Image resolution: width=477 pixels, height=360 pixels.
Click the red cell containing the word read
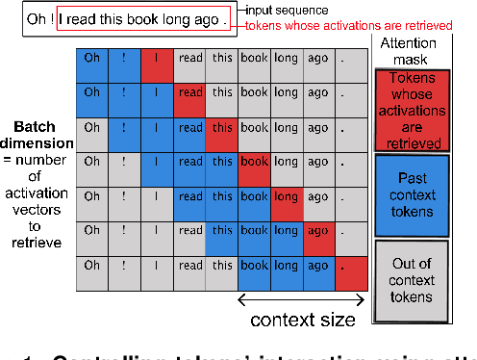click(x=190, y=93)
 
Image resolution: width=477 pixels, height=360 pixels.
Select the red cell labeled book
click(x=255, y=162)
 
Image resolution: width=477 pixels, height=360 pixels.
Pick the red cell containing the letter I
click(x=158, y=59)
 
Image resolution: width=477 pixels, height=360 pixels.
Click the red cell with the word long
click(x=287, y=196)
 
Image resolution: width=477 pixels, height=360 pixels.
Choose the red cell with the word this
click(x=222, y=127)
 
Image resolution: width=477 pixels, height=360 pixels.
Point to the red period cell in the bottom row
click(x=351, y=265)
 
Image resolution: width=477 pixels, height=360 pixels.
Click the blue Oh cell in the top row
click(x=92, y=59)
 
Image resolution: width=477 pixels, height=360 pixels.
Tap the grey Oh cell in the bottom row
click(x=92, y=265)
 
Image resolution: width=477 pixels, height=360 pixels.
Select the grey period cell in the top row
click(x=351, y=59)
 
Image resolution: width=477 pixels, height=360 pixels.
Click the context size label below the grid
click(x=303, y=321)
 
